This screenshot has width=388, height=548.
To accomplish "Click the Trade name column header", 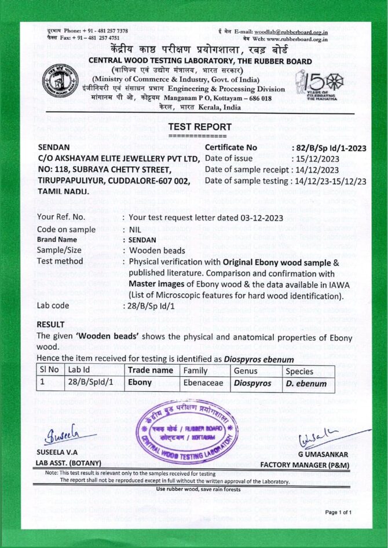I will tap(151, 370).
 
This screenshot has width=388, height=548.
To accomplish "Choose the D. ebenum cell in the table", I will tap(307, 383).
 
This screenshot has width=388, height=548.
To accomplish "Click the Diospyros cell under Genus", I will tap(252, 383).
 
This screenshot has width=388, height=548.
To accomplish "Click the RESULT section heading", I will tap(50, 325).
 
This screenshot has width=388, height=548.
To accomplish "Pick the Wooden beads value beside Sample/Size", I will tap(157, 251).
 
